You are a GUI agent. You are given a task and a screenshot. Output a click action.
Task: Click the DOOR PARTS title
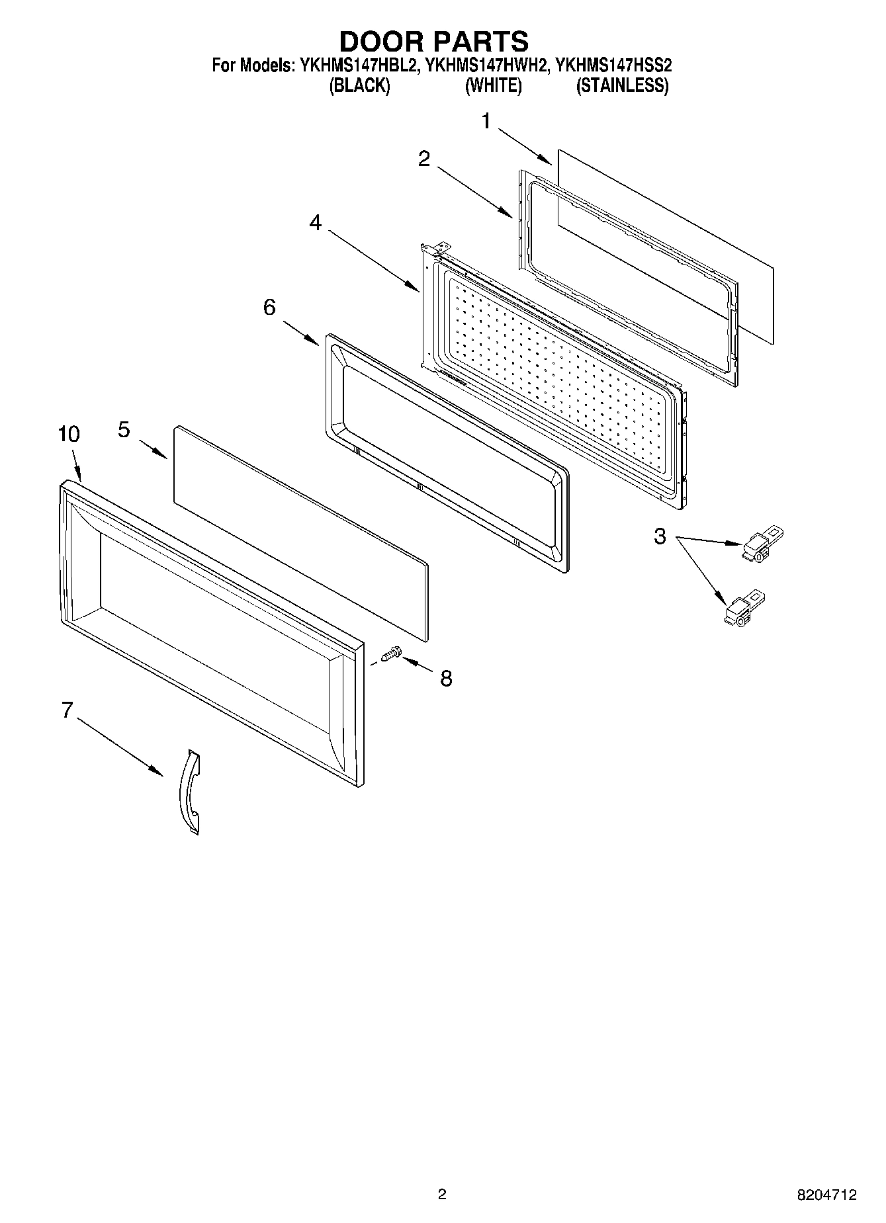pyautogui.click(x=434, y=41)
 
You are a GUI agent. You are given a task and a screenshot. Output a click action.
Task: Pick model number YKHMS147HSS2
pyautogui.click(x=613, y=65)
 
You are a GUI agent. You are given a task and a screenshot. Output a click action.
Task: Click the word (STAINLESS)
pyautogui.click(x=622, y=86)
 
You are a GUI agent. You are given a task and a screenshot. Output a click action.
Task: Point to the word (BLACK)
pyautogui.click(x=359, y=86)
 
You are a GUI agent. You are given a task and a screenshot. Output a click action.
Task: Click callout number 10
pyautogui.click(x=69, y=435)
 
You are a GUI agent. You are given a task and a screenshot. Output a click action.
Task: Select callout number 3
pyautogui.click(x=660, y=536)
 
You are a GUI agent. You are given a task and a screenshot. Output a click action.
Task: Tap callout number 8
pyautogui.click(x=447, y=678)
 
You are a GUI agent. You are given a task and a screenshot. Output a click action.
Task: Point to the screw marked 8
pyautogui.click(x=390, y=655)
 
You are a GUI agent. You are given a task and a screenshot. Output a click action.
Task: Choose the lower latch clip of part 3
pyautogui.click(x=742, y=610)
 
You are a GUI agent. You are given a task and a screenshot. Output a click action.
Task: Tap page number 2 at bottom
pyautogui.click(x=442, y=1195)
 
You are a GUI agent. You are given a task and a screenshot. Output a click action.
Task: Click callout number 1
pyautogui.click(x=487, y=121)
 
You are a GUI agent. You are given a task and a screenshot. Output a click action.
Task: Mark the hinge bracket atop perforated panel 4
pyautogui.click(x=433, y=250)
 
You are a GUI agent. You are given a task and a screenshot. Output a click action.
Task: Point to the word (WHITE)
pyautogui.click(x=493, y=86)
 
